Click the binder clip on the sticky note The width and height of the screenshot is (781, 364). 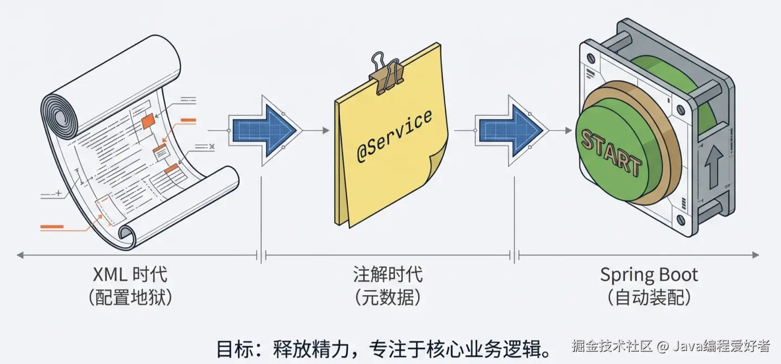click(x=386, y=70)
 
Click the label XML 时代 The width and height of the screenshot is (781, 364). click(x=130, y=274)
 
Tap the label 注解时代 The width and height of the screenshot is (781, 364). click(x=388, y=274)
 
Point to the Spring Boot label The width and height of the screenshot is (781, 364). click(x=649, y=274)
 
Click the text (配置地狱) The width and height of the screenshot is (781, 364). click(x=130, y=298)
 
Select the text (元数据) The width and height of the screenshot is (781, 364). click(x=388, y=298)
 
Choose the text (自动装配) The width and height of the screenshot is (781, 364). click(x=649, y=298)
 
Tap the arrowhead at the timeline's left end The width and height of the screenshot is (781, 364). click(x=20, y=254)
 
